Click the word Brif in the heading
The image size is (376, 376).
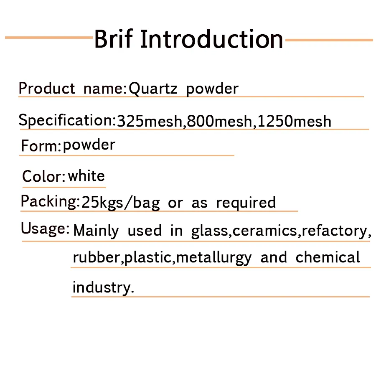[x=114, y=38]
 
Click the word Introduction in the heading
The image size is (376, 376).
[x=212, y=38]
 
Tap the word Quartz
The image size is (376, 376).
[x=153, y=89]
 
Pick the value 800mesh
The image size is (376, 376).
[x=219, y=121]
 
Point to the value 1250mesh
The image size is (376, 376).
[x=295, y=121]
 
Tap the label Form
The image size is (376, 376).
[x=39, y=145]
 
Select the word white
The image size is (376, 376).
[x=86, y=176]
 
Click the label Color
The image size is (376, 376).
[x=42, y=176]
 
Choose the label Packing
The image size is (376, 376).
[x=49, y=202]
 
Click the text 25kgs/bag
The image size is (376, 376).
[x=121, y=203]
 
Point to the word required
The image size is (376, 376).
[x=246, y=203]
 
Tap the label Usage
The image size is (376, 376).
[x=43, y=229]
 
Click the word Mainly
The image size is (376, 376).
[x=96, y=231]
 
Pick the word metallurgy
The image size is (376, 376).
[x=214, y=258]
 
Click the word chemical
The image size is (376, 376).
[x=328, y=257]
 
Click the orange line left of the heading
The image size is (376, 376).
[x=49, y=38]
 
